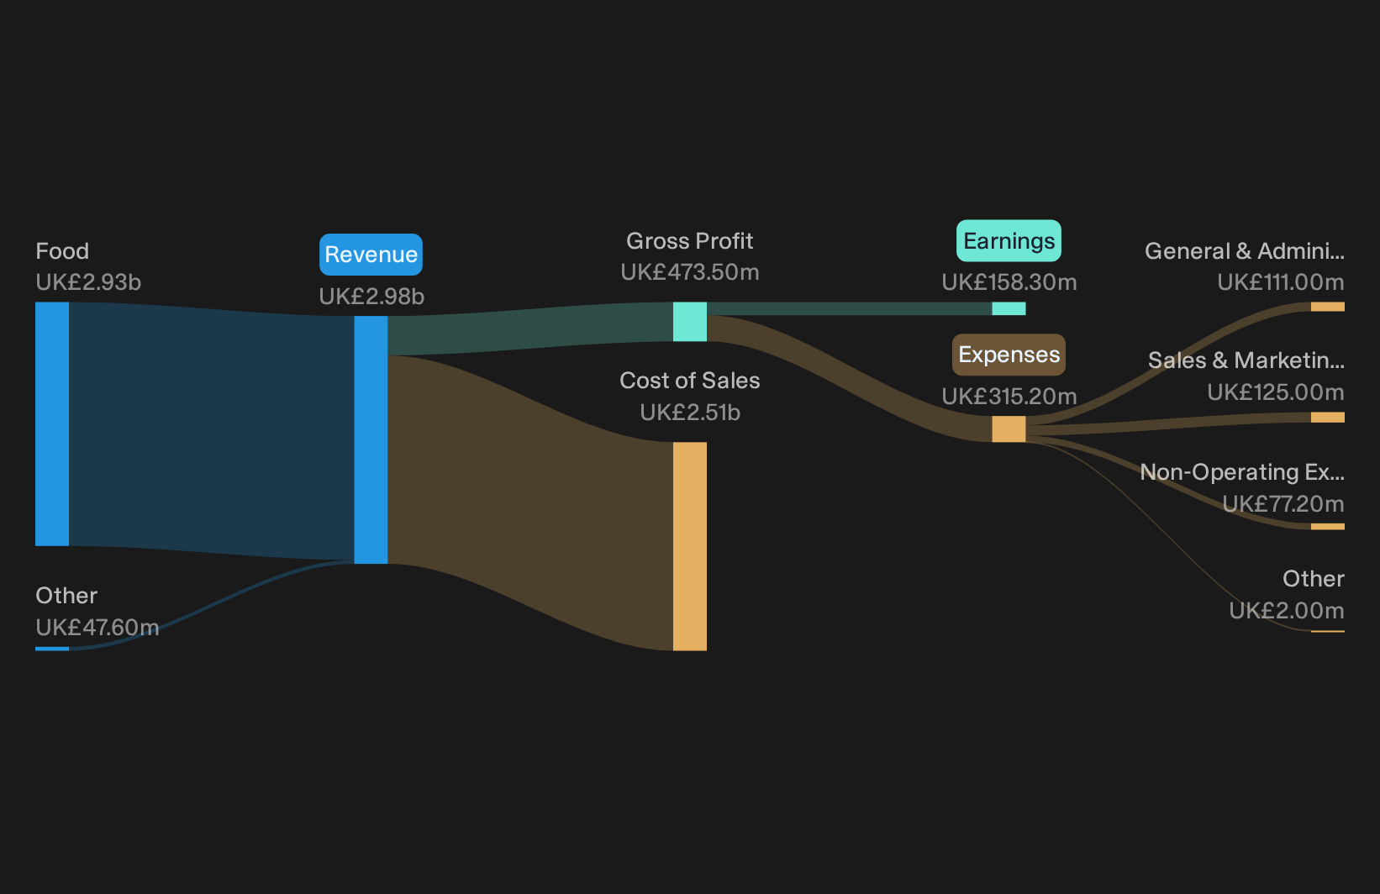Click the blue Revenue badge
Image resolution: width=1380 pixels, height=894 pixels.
pyautogui.click(x=371, y=255)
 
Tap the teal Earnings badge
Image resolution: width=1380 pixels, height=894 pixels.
pyautogui.click(x=1009, y=241)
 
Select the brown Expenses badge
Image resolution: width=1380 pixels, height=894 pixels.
pyautogui.click(x=1009, y=355)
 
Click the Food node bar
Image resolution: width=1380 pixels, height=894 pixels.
pyautogui.click(x=52, y=424)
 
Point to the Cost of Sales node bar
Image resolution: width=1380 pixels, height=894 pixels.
pyautogui.click(x=689, y=546)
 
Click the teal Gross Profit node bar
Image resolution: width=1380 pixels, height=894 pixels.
pyautogui.click(x=689, y=322)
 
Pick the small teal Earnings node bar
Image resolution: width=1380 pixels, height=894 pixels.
pyautogui.click(x=1009, y=308)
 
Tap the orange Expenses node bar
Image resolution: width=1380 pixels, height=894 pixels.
pyautogui.click(x=1009, y=429)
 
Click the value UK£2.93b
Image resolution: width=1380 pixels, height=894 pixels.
pyautogui.click(x=88, y=282)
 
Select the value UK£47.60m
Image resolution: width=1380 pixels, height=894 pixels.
pyautogui.click(x=97, y=627)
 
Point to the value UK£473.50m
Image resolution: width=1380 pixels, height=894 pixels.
pyautogui.click(x=690, y=271)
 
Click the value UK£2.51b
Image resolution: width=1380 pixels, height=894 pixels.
pyautogui.click(x=690, y=413)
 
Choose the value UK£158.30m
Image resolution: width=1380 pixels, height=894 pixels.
pyautogui.click(x=1009, y=282)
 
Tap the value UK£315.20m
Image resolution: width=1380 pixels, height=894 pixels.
pyautogui.click(x=1009, y=396)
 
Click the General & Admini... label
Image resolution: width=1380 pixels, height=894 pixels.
pyautogui.click(x=1245, y=251)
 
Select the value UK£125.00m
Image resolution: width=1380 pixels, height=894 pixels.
pyautogui.click(x=1276, y=392)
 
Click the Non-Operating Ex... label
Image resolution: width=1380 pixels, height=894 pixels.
pyautogui.click(x=1242, y=472)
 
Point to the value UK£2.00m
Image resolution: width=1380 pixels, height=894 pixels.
pyautogui.click(x=1287, y=611)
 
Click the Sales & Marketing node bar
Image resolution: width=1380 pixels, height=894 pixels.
pyautogui.click(x=1328, y=417)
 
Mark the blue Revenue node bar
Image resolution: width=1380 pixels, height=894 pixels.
pyautogui.click(x=371, y=440)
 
